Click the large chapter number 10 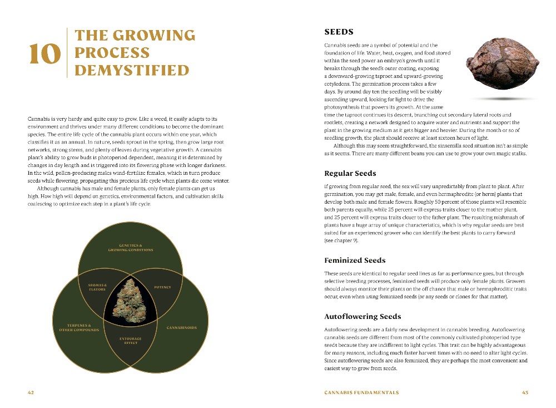tap(44, 54)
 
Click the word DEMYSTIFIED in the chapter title tap(132, 71)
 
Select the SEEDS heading tap(339, 32)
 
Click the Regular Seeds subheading tap(350, 173)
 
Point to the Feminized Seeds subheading tap(354, 260)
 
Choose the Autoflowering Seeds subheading tap(362, 316)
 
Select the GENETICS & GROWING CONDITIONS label tap(131, 248)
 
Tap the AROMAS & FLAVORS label tap(97, 287)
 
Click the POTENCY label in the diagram tap(162, 287)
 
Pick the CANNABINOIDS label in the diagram tap(181, 327)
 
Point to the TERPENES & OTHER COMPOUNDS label tap(79, 327)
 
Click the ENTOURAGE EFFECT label tap(130, 341)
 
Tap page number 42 tap(31, 392)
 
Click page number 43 tap(525, 392)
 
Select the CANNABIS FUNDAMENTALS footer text tap(361, 392)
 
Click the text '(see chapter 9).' tap(341, 241)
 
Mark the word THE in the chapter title tap(91, 36)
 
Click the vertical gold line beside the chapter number tap(67, 53)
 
